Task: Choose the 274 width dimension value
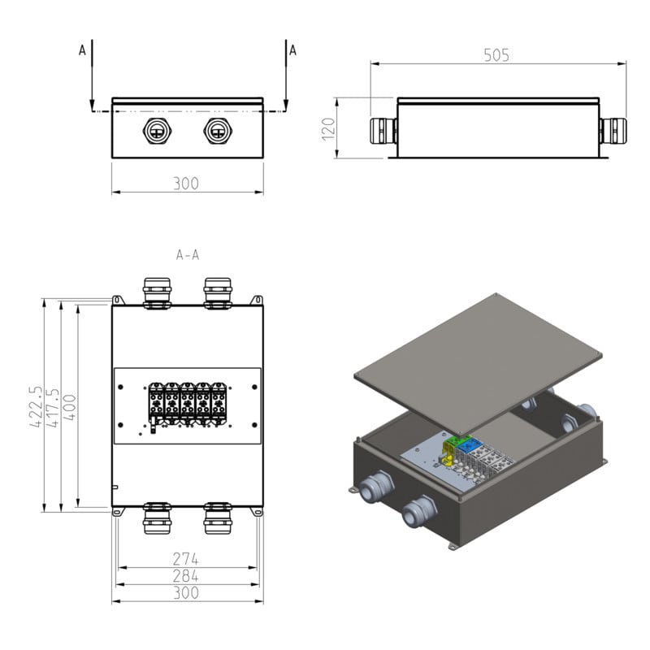pos(186,559)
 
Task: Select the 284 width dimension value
pos(186,576)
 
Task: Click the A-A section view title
pos(188,255)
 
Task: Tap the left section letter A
pos(82,50)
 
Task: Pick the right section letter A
pos(292,50)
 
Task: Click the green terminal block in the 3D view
pos(452,440)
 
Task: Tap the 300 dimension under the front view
pos(186,184)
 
